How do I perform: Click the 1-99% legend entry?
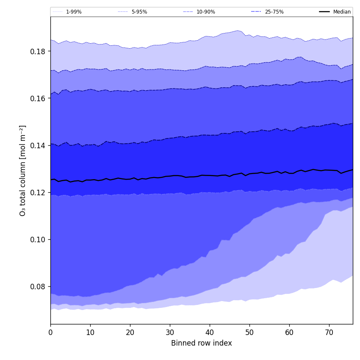pos(74,12)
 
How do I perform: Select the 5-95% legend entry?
pos(139,12)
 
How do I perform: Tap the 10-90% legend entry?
pos(205,12)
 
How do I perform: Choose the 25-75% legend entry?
pos(274,12)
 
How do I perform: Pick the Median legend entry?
pos(342,12)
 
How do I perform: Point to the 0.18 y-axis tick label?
pos(38,51)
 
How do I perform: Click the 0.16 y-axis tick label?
pos(38,98)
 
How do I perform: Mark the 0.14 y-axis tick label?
pos(38,145)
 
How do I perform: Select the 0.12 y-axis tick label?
pos(38,192)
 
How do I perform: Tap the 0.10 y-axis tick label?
pos(38,239)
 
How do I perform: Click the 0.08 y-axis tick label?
pos(38,286)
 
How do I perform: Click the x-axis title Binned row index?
pos(202,343)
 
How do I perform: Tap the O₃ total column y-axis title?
pos(23,170)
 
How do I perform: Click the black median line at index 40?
pos(210,175)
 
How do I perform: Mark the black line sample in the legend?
pos(324,12)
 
